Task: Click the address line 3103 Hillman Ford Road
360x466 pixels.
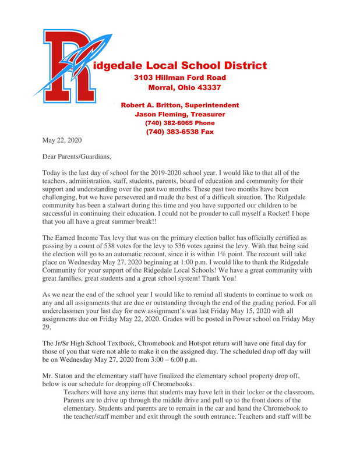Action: [x=179, y=77]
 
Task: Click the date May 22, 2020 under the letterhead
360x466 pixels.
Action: [x=62, y=140]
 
